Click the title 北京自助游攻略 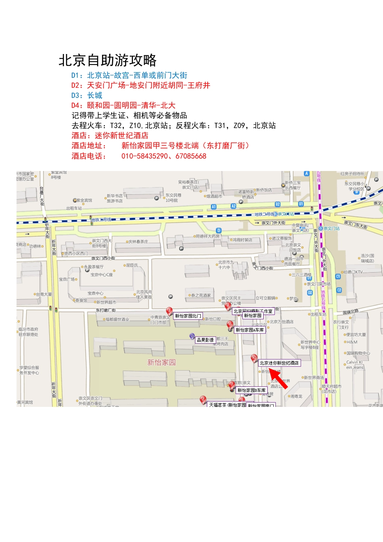(x=108, y=60)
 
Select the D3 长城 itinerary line (x=87, y=96)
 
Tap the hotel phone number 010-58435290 (x=144, y=156)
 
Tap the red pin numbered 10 (x=254, y=358)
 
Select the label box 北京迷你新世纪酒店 (x=279, y=363)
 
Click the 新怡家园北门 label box (x=188, y=316)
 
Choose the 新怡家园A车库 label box (x=250, y=330)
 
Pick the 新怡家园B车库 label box (x=251, y=390)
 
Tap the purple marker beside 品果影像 (x=192, y=336)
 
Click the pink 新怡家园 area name (x=161, y=363)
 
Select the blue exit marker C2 (x=339, y=290)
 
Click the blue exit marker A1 (x=214, y=207)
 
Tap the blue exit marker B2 (x=277, y=204)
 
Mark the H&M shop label (x=352, y=342)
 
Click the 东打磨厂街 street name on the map (x=106, y=310)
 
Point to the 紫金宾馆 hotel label (x=84, y=200)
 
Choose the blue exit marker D (x=219, y=230)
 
